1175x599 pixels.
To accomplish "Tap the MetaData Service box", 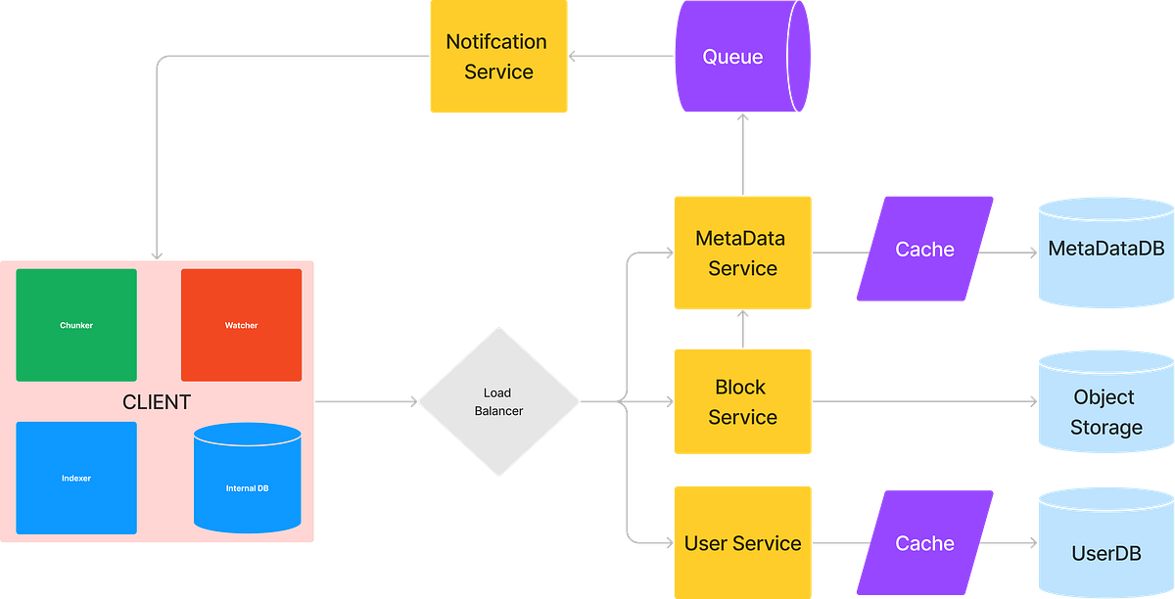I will (x=742, y=253).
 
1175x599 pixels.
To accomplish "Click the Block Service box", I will (x=742, y=401).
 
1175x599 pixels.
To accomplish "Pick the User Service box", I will (x=742, y=543).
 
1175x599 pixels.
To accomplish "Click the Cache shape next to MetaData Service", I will (x=924, y=250).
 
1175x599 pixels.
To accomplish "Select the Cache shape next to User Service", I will (x=924, y=543).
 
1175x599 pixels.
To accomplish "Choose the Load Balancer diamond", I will (x=498, y=402).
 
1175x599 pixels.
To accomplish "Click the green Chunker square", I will (x=76, y=325).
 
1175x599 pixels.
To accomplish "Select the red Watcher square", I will (x=241, y=325).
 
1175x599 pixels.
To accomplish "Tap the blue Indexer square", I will (x=76, y=478).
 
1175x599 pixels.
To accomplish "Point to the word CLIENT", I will (x=157, y=402).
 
